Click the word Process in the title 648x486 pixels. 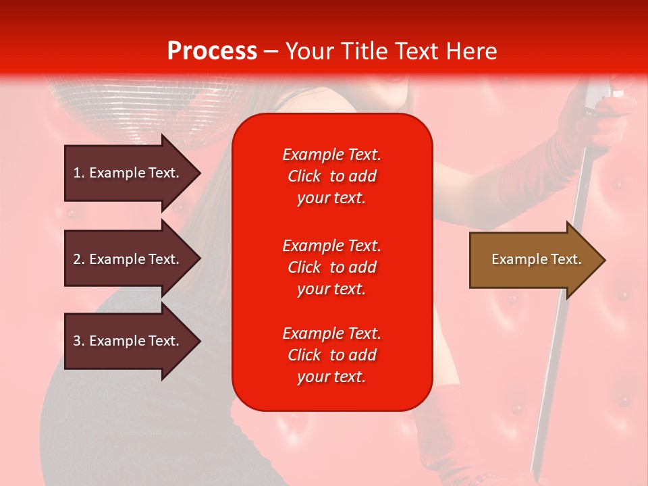(213, 51)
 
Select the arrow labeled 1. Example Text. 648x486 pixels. (133, 173)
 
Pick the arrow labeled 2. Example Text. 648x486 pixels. (133, 259)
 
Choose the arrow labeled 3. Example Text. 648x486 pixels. (133, 341)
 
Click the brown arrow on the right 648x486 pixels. (538, 260)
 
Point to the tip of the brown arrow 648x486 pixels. (605, 260)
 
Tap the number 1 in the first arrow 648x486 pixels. (77, 173)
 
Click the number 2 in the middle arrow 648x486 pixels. (77, 259)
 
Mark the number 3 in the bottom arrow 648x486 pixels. (77, 341)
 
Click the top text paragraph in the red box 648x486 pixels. (332, 176)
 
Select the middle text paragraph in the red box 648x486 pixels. (332, 267)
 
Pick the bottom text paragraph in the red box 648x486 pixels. (332, 355)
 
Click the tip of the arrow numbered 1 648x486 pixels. (201, 173)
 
